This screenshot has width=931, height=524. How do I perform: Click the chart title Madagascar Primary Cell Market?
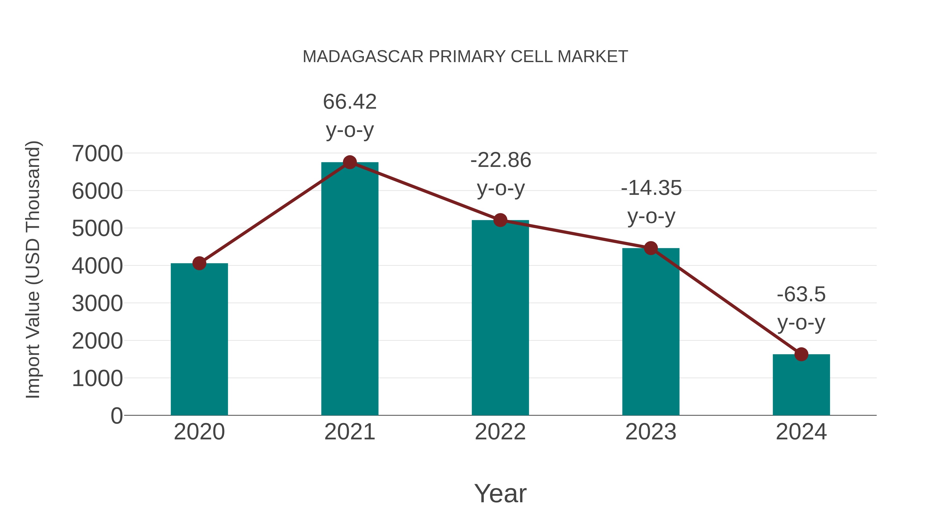465,57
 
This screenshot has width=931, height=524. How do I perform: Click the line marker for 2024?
801,355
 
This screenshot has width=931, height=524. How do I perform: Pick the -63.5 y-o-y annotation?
801,308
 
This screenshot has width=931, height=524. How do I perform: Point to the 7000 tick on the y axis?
97,153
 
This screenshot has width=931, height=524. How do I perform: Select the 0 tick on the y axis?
116,416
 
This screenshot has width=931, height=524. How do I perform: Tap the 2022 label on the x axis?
500,432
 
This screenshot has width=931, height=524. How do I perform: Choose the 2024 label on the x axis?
801,432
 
